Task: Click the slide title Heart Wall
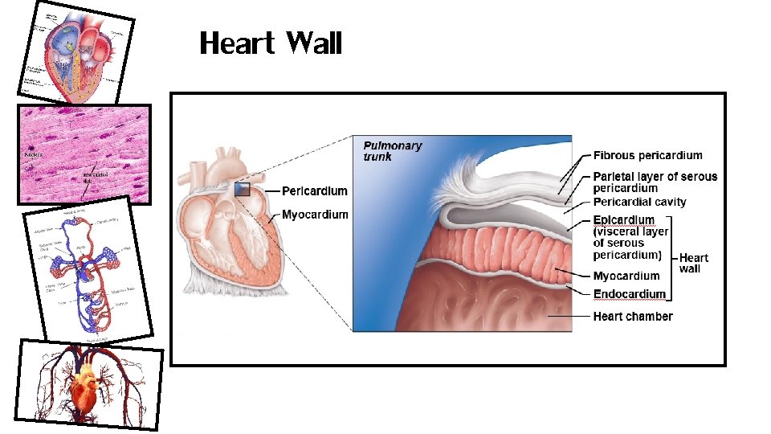[271, 43]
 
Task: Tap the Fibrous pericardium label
[647, 155]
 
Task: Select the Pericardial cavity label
[639, 202]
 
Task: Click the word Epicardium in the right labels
[623, 219]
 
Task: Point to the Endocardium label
[630, 294]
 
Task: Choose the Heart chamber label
[633, 316]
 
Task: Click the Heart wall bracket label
[693, 263]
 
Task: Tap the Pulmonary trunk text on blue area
[392, 151]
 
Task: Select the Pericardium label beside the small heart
[315, 191]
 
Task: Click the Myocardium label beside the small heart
[315, 215]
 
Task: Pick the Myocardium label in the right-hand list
[626, 276]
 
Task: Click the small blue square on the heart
[243, 190]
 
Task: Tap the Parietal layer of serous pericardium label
[655, 182]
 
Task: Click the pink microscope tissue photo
[84, 154]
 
